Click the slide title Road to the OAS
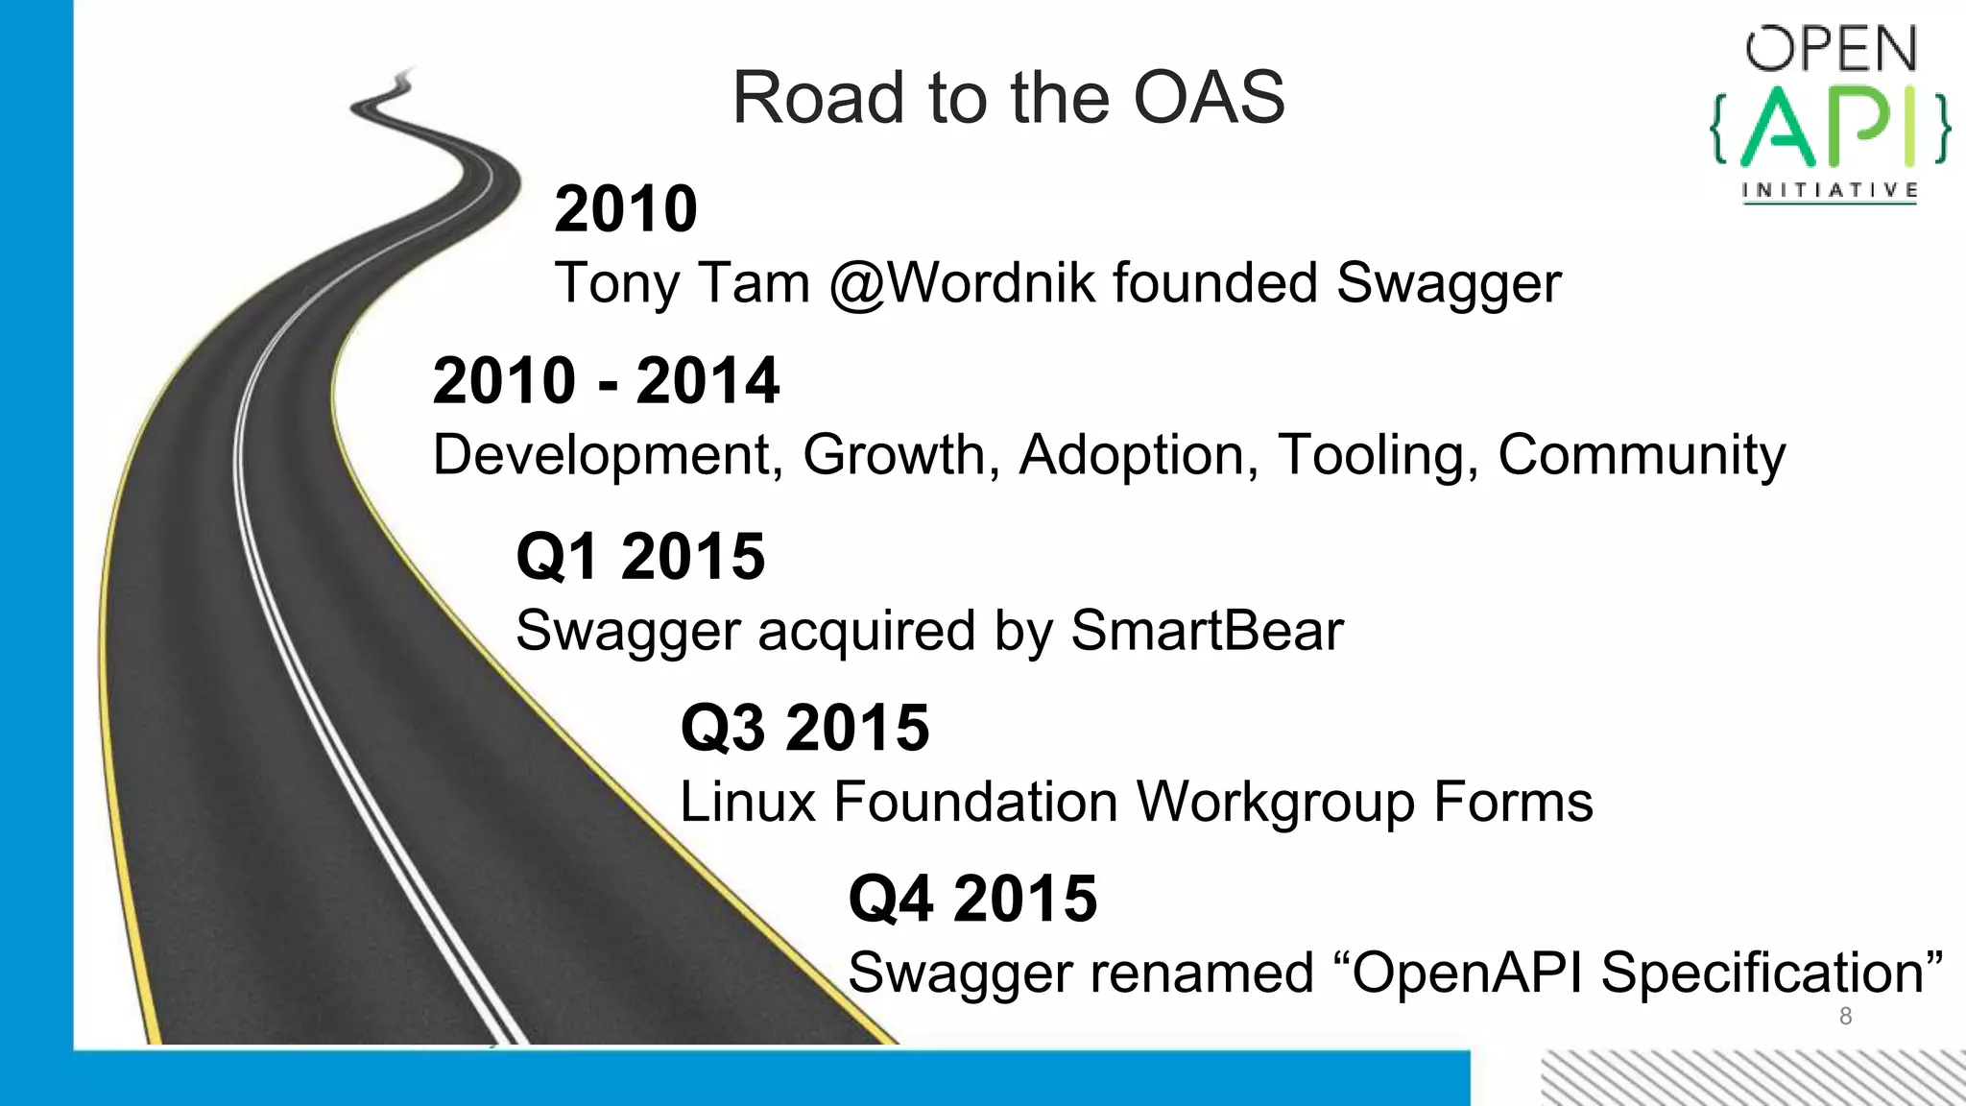coord(1008,98)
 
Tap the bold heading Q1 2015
coord(640,557)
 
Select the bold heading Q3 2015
coord(804,728)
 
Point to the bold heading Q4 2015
coord(972,900)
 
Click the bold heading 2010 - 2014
coord(606,381)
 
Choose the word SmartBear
coord(1207,631)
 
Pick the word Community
coord(1642,455)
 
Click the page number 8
coord(1845,1017)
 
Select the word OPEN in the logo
coord(1831,49)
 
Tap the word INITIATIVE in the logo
coord(1830,190)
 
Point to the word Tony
coord(615,284)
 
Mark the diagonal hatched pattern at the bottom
coord(1752,1078)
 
